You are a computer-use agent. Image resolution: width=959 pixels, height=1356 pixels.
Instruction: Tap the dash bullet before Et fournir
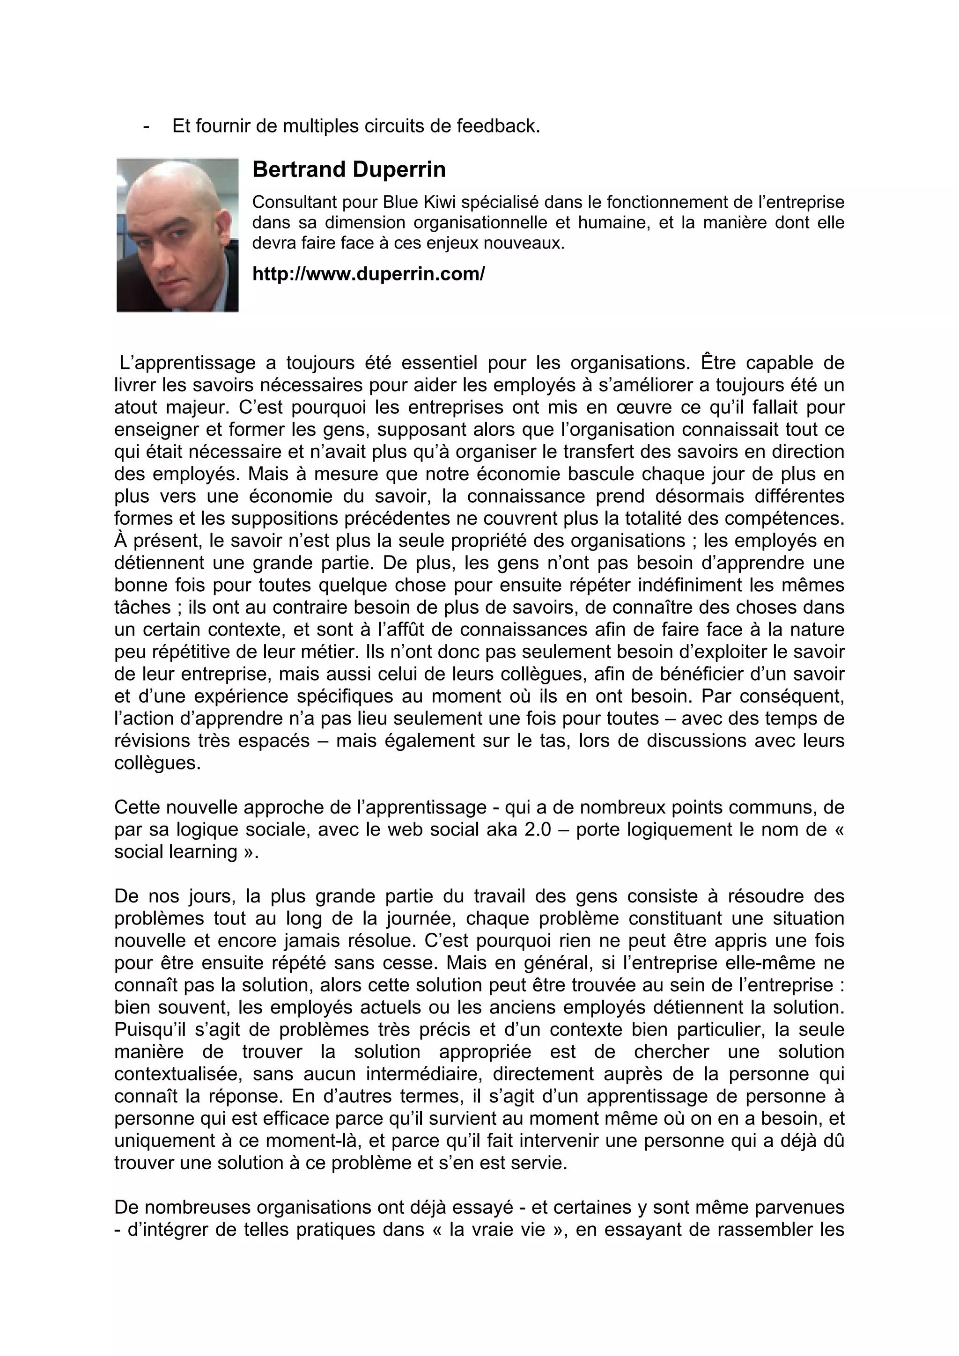(x=146, y=126)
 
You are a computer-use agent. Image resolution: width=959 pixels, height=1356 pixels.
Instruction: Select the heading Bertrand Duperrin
(x=348, y=169)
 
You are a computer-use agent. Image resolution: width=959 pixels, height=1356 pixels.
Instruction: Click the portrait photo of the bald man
(x=177, y=235)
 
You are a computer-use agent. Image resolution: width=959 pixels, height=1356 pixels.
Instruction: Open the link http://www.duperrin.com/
(x=368, y=274)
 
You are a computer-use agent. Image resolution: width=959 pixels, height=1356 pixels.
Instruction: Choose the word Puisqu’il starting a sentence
(x=150, y=1029)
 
